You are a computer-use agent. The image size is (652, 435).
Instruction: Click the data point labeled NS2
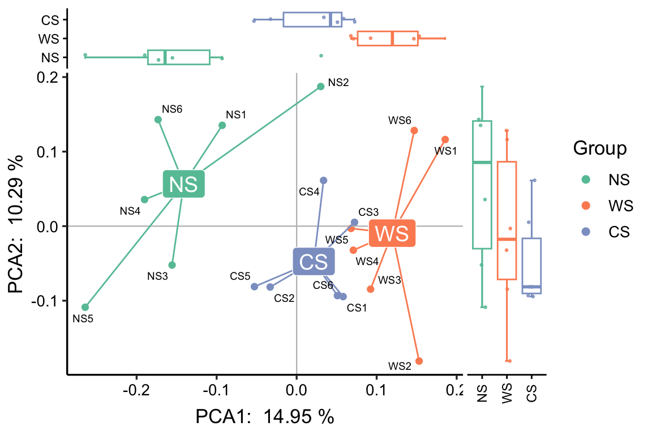point(320,86)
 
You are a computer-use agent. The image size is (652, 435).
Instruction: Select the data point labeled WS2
point(419,361)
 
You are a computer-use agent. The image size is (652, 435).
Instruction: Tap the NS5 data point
point(85,307)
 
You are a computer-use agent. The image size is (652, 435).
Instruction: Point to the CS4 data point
point(323,180)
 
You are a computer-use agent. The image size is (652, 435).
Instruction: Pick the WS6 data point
point(414,130)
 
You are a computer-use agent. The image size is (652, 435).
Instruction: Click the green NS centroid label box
point(183,184)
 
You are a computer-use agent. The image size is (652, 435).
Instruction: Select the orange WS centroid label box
point(392,233)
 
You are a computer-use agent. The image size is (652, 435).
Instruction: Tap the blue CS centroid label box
point(314,261)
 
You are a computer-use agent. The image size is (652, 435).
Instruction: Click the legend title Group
point(599,148)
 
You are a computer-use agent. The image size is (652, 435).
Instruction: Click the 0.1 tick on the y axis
point(50,151)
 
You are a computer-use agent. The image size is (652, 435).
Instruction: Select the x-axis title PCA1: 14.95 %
point(265,417)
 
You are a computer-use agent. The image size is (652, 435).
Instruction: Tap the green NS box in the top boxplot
point(179,57)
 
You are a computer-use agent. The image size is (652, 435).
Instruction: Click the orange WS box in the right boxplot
point(507,220)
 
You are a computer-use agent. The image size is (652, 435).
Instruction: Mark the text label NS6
point(172,109)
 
